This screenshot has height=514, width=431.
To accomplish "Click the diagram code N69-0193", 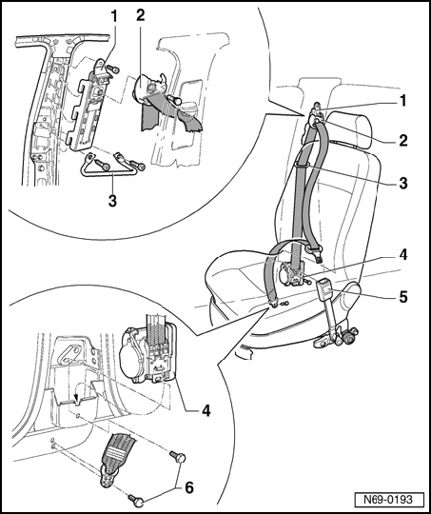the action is click(x=388, y=500).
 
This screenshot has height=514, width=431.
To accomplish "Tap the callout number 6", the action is click(x=189, y=487).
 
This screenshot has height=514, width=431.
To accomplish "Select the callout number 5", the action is click(x=402, y=297).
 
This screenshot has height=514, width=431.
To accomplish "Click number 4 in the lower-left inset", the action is click(x=206, y=410).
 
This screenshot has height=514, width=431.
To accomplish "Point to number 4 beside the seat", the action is click(x=402, y=255).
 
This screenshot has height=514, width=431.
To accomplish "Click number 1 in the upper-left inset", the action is click(x=113, y=16).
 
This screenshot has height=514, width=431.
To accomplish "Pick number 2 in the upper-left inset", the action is click(x=140, y=15).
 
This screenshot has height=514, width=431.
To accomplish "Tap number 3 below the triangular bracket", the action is click(x=112, y=201).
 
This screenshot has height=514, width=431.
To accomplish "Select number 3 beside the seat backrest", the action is click(x=402, y=183).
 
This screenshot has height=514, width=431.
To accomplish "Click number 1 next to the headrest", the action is click(x=403, y=101).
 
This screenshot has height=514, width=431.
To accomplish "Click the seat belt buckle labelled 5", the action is click(x=324, y=286).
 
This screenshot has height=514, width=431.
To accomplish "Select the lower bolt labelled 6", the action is click(x=136, y=500).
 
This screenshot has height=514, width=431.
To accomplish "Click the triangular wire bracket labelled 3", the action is click(x=112, y=167).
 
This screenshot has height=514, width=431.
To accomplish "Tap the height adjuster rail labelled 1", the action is click(x=87, y=105).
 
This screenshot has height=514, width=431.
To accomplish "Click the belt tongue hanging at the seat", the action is click(x=314, y=253).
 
